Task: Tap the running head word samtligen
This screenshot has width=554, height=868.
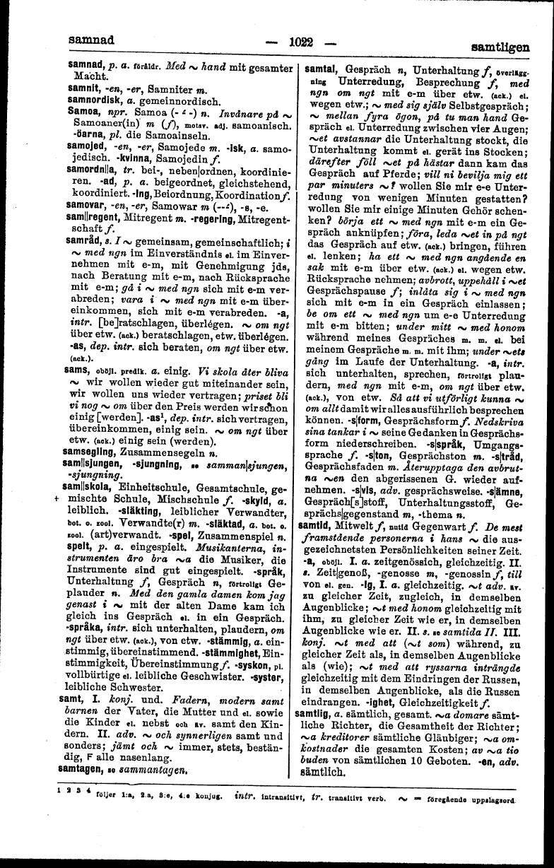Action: point(500,47)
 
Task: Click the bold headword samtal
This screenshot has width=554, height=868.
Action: point(320,70)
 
